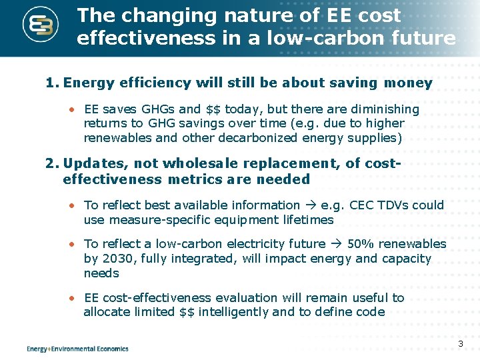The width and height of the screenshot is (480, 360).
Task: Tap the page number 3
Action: pyautogui.click(x=460, y=344)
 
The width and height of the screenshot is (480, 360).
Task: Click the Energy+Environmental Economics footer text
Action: pyautogui.click(x=77, y=349)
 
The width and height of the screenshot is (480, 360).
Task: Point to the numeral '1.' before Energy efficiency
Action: pyautogui.click(x=52, y=83)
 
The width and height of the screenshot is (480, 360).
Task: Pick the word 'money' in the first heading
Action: pyautogui.click(x=408, y=83)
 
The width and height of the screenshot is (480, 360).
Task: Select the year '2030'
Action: pyautogui.click(x=115, y=259)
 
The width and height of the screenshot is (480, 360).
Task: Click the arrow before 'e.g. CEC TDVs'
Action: pyautogui.click(x=311, y=205)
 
